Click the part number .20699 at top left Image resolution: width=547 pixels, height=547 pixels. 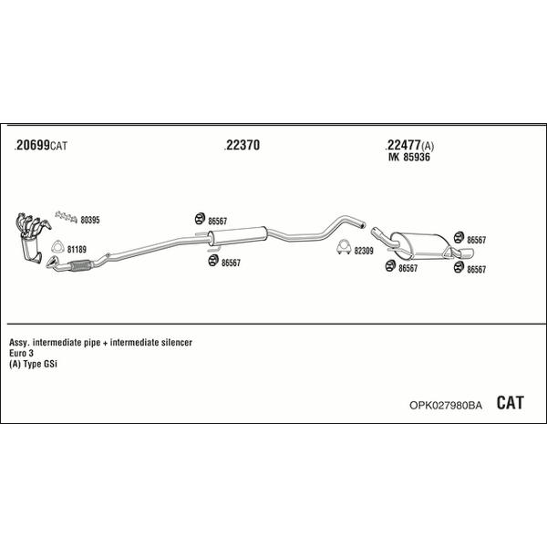[x=32, y=145]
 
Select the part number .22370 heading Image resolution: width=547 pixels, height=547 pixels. [x=242, y=145]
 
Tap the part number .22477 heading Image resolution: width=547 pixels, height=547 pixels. [x=403, y=145]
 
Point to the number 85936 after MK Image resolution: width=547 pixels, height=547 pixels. [x=417, y=157]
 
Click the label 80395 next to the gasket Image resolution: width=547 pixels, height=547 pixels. [x=90, y=220]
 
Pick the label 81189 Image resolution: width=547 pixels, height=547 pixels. [x=77, y=250]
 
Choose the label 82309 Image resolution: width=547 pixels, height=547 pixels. [x=364, y=251]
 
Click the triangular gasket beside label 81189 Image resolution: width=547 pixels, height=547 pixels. [x=57, y=247]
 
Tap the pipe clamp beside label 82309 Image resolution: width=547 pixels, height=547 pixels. [x=344, y=247]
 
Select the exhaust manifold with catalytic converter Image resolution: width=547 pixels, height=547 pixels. [x=31, y=236]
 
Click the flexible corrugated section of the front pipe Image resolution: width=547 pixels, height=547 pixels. [x=80, y=266]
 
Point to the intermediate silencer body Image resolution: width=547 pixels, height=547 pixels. [x=237, y=235]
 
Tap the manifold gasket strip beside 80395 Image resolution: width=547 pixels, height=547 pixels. [x=66, y=217]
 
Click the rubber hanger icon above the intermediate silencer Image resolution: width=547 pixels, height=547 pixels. [x=200, y=219]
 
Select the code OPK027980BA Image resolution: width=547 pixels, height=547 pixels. [x=446, y=406]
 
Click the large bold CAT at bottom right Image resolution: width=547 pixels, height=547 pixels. [x=510, y=403]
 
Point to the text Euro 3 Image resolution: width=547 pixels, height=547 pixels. [x=21, y=353]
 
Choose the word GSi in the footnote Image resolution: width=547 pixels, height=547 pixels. [x=50, y=364]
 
